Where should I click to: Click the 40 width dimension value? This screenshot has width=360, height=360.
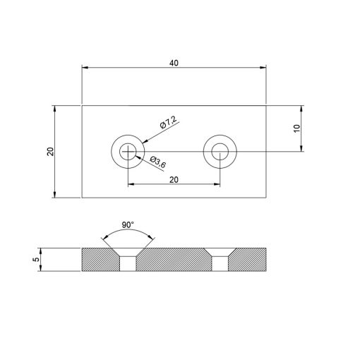[x=174, y=63]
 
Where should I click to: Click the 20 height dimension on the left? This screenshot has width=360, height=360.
[x=50, y=152]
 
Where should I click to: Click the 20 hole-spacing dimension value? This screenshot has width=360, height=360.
[x=174, y=179]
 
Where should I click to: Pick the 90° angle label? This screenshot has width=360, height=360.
[x=127, y=224]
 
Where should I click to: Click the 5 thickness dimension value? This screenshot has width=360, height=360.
[x=35, y=259]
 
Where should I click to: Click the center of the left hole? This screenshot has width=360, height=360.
[x=127, y=150]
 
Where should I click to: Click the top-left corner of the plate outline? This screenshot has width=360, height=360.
[x=82, y=105]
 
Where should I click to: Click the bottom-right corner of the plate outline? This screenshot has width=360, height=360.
[x=266, y=198]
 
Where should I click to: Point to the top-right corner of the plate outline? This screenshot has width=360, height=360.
[x=266, y=105]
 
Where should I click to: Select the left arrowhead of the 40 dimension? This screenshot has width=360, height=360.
[x=85, y=68]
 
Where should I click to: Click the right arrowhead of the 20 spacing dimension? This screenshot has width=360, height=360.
[x=217, y=186]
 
